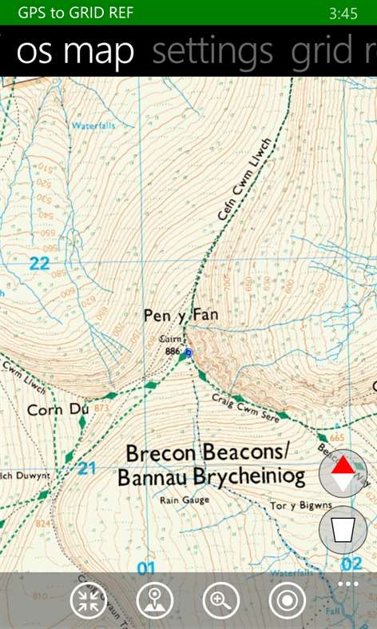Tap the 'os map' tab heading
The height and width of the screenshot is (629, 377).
pyautogui.click(x=76, y=52)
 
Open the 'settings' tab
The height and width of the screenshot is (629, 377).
pyautogui.click(x=212, y=52)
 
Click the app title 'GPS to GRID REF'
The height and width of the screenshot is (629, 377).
pyautogui.click(x=76, y=13)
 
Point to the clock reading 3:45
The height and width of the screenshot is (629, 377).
pyautogui.click(x=343, y=14)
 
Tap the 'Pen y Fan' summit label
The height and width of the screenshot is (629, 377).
pyautogui.click(x=181, y=316)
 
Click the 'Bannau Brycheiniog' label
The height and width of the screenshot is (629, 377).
pyautogui.click(x=212, y=478)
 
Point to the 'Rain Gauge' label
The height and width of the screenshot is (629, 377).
pyautogui.click(x=185, y=500)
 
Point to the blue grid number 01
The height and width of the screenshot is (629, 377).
pyautogui.click(x=145, y=568)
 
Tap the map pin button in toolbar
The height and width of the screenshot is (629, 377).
pyautogui.click(x=155, y=600)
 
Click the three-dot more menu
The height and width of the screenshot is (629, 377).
pyautogui.click(x=347, y=584)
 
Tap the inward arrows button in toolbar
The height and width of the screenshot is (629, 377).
pyautogui.click(x=89, y=600)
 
